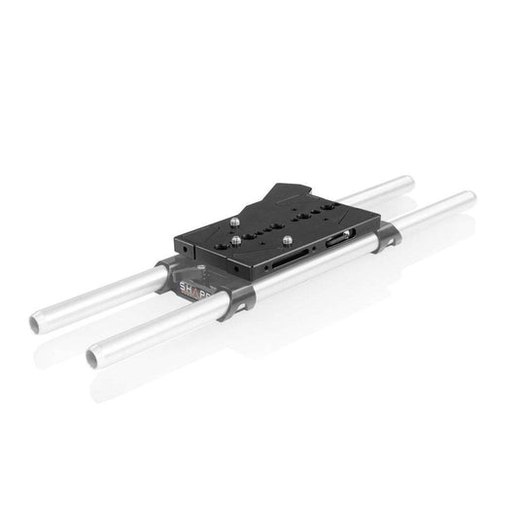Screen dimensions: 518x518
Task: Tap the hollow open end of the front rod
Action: (x=92, y=359)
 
